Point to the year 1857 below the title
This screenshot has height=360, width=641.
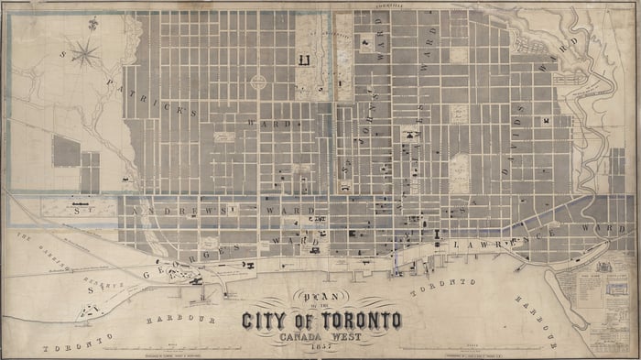(320, 347)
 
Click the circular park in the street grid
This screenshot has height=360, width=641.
(258, 82)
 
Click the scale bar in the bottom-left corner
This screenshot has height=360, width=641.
(174, 351)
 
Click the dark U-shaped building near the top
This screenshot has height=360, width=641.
(304, 61)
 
